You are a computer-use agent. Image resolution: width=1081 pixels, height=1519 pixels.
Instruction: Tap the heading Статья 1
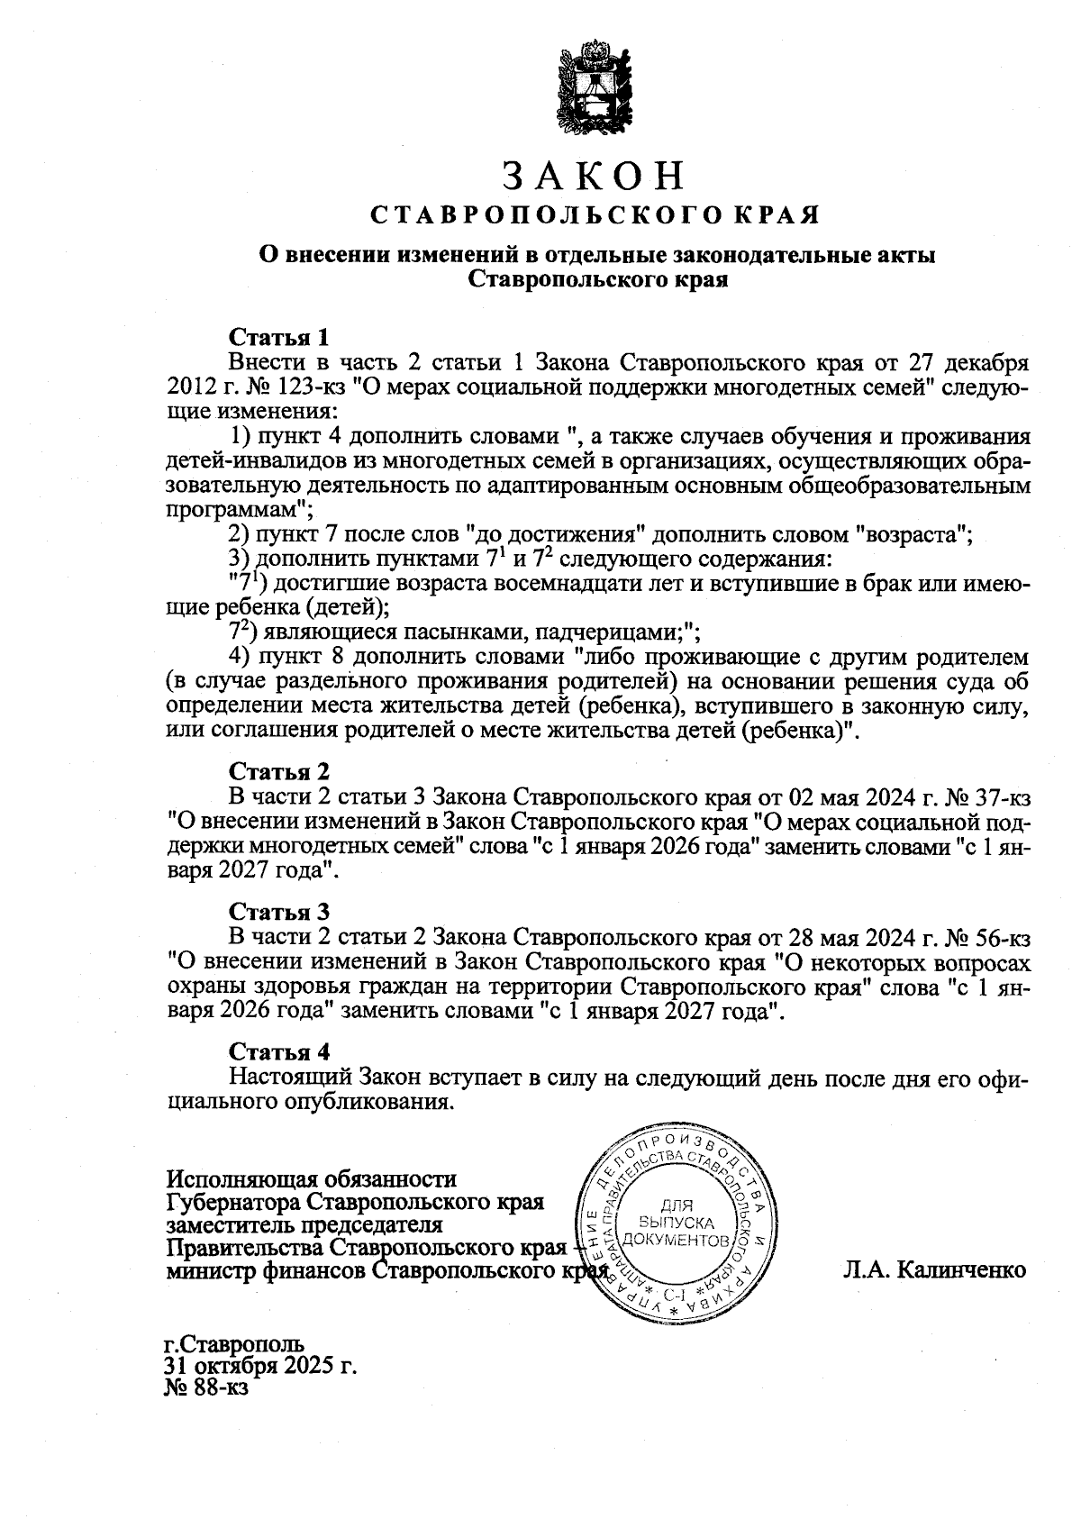[x=280, y=338]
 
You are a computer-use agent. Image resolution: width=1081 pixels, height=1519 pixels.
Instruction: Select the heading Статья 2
[x=280, y=771]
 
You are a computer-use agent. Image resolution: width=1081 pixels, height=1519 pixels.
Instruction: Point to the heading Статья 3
[x=280, y=912]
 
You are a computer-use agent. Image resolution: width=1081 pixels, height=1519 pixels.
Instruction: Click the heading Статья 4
[x=280, y=1051]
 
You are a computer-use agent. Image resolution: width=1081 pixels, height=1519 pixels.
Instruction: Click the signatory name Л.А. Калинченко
[x=935, y=1270]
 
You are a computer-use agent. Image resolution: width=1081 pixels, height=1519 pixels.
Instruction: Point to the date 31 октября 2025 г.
[x=261, y=1366]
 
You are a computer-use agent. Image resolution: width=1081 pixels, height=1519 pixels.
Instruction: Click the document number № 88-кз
[x=205, y=1388]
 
